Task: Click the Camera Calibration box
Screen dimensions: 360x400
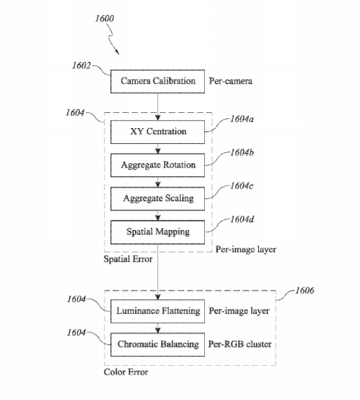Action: (158, 81)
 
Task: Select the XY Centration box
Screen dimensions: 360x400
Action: (158, 132)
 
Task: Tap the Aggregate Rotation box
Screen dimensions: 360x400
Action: (158, 165)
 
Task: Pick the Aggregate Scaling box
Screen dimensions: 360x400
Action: (158, 199)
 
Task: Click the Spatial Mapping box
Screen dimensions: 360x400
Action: (158, 232)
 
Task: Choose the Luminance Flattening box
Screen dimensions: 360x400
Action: (158, 311)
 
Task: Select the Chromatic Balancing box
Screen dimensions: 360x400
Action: (158, 345)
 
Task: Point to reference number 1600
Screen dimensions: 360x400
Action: (104, 19)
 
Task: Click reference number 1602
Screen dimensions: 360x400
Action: (82, 66)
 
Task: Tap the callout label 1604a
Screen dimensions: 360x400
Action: (242, 119)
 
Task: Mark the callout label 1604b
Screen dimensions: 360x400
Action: (242, 153)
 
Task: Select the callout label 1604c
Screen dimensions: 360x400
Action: (242, 186)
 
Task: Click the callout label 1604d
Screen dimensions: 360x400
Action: (242, 220)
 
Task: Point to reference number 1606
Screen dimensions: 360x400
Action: (305, 291)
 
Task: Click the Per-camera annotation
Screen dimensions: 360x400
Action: (231, 81)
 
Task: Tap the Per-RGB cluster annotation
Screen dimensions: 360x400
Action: (240, 344)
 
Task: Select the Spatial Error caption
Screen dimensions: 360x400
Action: (128, 259)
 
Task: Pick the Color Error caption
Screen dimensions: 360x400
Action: (126, 372)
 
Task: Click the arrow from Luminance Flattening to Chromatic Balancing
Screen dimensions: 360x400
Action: (158, 328)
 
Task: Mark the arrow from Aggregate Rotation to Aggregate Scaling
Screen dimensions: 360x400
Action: (158, 182)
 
